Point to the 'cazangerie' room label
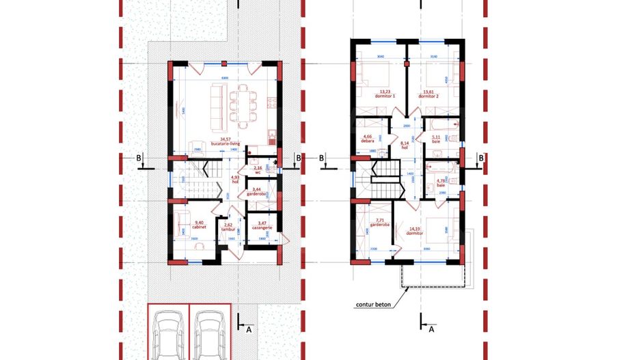(262, 227)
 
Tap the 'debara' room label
(368, 141)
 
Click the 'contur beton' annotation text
(372, 305)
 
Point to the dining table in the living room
(243, 106)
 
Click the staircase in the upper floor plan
(383, 176)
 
